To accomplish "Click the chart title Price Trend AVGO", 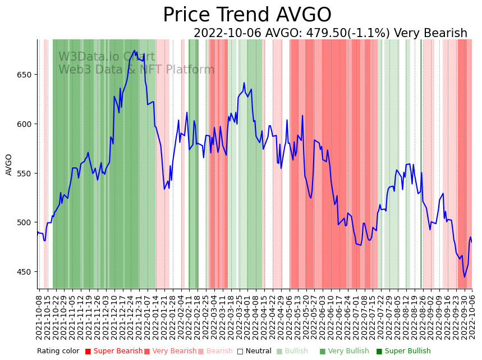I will click(x=247, y=15).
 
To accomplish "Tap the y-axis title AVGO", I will click(x=9, y=165).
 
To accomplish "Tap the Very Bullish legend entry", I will click(x=344, y=352).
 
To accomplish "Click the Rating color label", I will click(x=58, y=352).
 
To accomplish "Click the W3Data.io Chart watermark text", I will click(x=107, y=57).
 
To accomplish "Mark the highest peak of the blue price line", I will click(x=135, y=51).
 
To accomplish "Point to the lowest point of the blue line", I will click(x=464, y=277).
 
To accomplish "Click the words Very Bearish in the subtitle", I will click(x=430, y=34).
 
